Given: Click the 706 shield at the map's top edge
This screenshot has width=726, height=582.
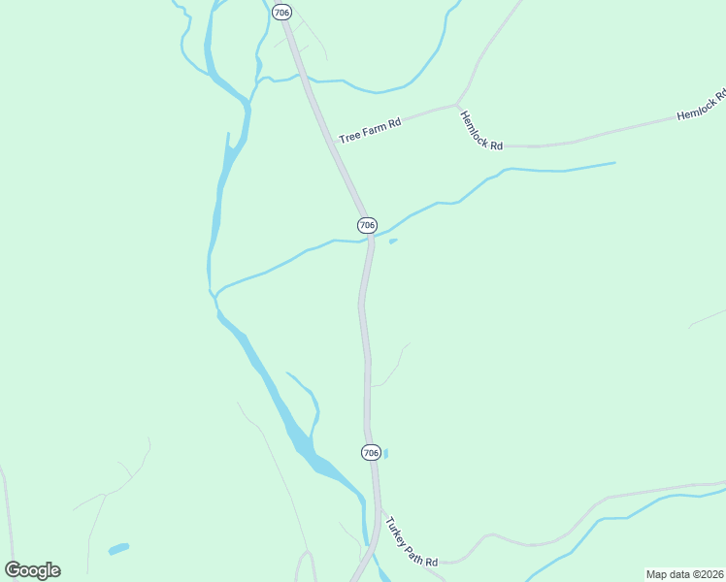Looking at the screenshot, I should coord(281,12).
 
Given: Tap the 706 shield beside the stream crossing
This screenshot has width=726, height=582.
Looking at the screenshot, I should coord(367,225).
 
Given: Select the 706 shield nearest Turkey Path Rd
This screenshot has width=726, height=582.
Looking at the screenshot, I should coord(370,453).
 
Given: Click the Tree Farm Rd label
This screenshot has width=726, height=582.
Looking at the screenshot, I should coord(370,131).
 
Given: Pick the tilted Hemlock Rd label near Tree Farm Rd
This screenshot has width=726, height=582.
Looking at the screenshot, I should coord(481,130).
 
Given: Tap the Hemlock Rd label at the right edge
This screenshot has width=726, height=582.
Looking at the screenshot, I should coord(701,108).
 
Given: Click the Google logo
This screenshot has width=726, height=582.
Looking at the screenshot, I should coord(32,570).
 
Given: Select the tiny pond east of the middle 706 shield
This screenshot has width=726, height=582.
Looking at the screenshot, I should coord(393,242).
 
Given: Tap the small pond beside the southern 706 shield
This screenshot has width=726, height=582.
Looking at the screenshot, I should coord(386,453).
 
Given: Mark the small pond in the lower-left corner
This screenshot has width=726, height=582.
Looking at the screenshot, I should coord(118,549).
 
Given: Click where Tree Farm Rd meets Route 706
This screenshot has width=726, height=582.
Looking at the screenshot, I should coord(334,143).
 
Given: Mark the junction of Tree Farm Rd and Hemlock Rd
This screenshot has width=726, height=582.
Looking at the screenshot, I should coord(456,105).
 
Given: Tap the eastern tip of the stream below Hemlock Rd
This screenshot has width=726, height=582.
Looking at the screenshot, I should coord(614,163).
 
